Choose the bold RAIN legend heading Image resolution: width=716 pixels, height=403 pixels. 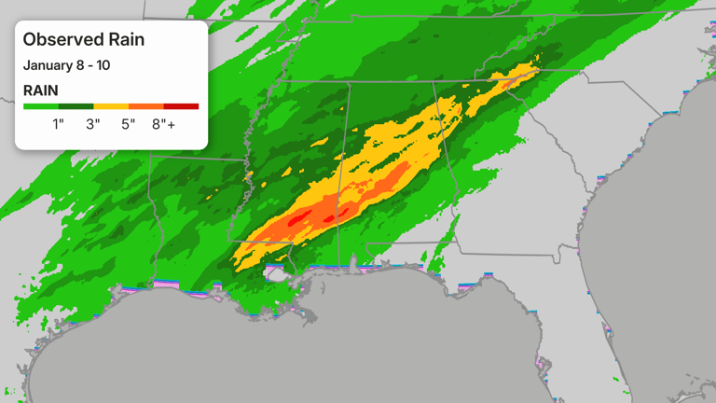click(x=41, y=90)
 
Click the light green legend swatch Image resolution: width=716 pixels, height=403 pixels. click(x=40, y=106)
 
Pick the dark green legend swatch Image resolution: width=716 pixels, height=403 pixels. click(x=76, y=106)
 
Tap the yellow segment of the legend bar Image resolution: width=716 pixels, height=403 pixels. click(x=111, y=106)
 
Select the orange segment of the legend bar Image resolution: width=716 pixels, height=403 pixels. click(x=145, y=106)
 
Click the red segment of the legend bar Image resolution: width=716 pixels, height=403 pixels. click(x=181, y=106)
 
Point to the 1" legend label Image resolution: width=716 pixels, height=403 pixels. click(x=58, y=124)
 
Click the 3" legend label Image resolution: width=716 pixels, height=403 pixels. click(x=93, y=124)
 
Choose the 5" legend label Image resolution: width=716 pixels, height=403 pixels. click(x=129, y=124)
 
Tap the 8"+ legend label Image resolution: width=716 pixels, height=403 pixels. click(x=165, y=124)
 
